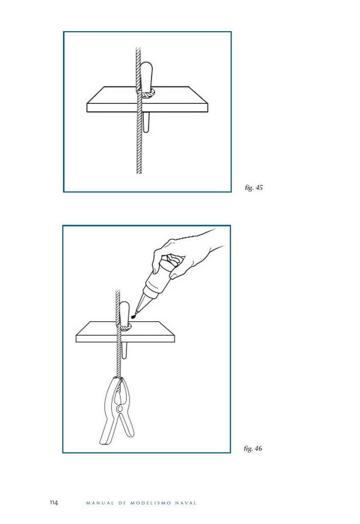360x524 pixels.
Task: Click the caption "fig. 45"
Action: [254, 187]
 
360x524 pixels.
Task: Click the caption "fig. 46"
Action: [253, 448]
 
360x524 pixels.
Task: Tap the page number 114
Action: [54, 503]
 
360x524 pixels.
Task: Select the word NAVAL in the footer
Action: [186, 503]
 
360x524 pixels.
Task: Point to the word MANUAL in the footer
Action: [100, 503]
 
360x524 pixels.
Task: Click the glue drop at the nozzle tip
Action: [133, 316]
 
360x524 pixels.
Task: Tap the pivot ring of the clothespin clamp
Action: [119, 408]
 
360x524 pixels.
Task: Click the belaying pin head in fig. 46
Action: [124, 313]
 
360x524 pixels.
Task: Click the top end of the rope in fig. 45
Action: [138, 48]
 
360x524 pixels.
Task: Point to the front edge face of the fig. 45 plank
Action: [147, 107]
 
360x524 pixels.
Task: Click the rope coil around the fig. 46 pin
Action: [124, 326]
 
